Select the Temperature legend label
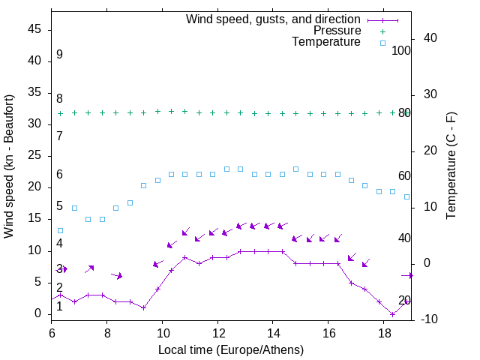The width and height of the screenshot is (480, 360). coord(326,43)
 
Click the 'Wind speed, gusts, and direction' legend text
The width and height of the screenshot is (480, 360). coord(274,19)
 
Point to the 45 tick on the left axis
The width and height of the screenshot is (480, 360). coord(34,29)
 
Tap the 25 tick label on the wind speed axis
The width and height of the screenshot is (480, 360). coord(34,155)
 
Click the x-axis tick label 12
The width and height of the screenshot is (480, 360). coord(217,332)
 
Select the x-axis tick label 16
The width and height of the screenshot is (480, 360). coord(328,332)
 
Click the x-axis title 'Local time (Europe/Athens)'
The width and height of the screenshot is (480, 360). coord(231,349)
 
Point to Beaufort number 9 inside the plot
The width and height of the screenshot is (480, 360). coord(59,55)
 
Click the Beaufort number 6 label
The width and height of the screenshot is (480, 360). coord(59,175)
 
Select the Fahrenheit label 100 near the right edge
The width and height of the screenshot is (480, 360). coord(401,51)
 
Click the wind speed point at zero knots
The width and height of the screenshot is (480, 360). coord(392,314)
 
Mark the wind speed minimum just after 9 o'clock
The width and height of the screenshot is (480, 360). coord(143,307)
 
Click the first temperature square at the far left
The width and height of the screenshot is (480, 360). coord(61,230)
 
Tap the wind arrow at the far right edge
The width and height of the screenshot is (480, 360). coord(408,275)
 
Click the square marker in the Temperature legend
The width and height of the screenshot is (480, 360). coord(382,43)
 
